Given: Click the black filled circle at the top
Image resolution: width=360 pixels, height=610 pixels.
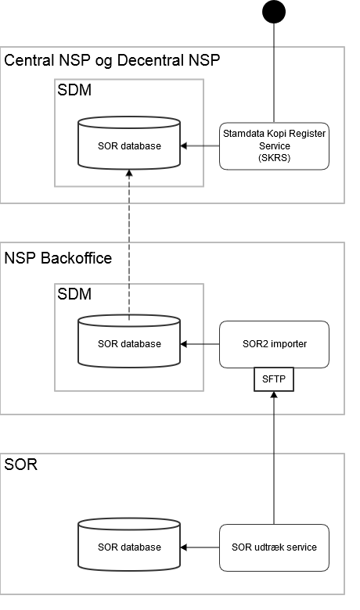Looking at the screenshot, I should (x=274, y=12).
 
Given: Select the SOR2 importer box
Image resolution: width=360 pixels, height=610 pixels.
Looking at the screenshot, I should (x=274, y=344).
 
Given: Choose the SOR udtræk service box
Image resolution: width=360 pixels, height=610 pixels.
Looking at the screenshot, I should (x=274, y=547).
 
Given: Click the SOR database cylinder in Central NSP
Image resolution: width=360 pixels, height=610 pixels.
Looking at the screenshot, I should (x=130, y=146).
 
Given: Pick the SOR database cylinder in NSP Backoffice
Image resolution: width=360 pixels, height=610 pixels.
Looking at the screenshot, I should (x=130, y=343).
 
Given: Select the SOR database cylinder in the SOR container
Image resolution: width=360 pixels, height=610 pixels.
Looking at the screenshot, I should (x=130, y=547).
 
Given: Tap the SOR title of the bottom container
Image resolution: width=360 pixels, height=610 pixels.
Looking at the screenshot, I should (x=21, y=465).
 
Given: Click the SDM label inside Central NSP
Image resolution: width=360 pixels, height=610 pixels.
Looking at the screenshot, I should (x=75, y=91).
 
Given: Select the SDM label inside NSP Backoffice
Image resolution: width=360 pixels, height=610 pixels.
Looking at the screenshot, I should (x=75, y=294).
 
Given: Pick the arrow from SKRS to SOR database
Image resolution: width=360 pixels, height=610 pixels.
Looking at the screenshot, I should (x=200, y=146).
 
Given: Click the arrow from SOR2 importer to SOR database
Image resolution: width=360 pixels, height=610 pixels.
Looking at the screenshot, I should (x=200, y=344).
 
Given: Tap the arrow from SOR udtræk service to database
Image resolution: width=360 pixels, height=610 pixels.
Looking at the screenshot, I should (x=200, y=547).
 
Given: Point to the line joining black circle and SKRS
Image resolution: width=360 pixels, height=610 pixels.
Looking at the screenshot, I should (x=274, y=70).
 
